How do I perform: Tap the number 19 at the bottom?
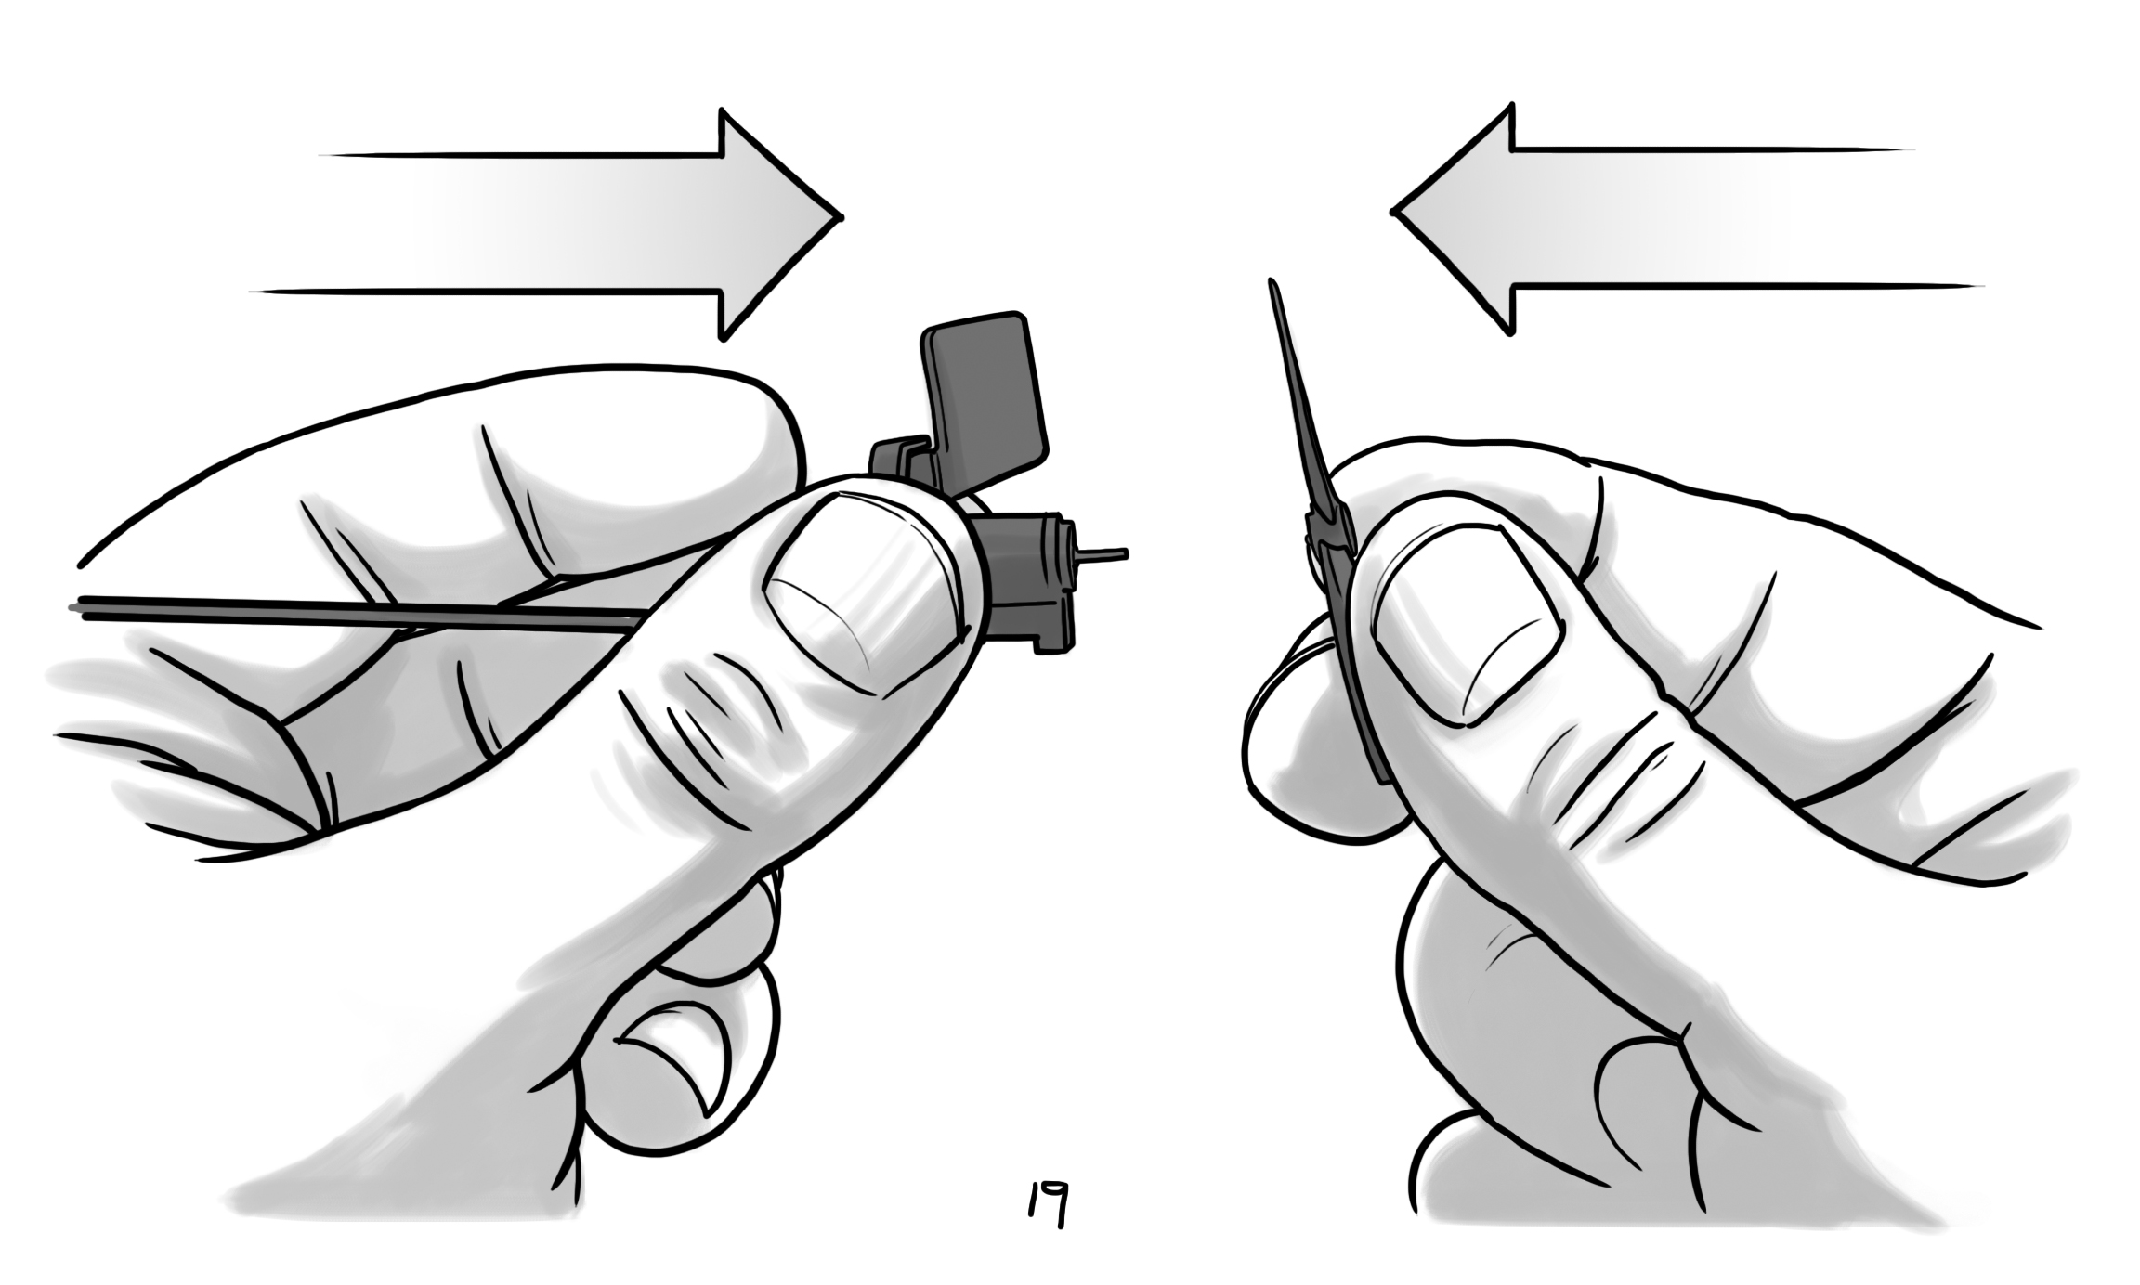(1046, 1204)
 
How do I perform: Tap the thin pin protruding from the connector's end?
(1103, 555)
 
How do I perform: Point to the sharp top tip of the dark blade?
(1272, 281)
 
